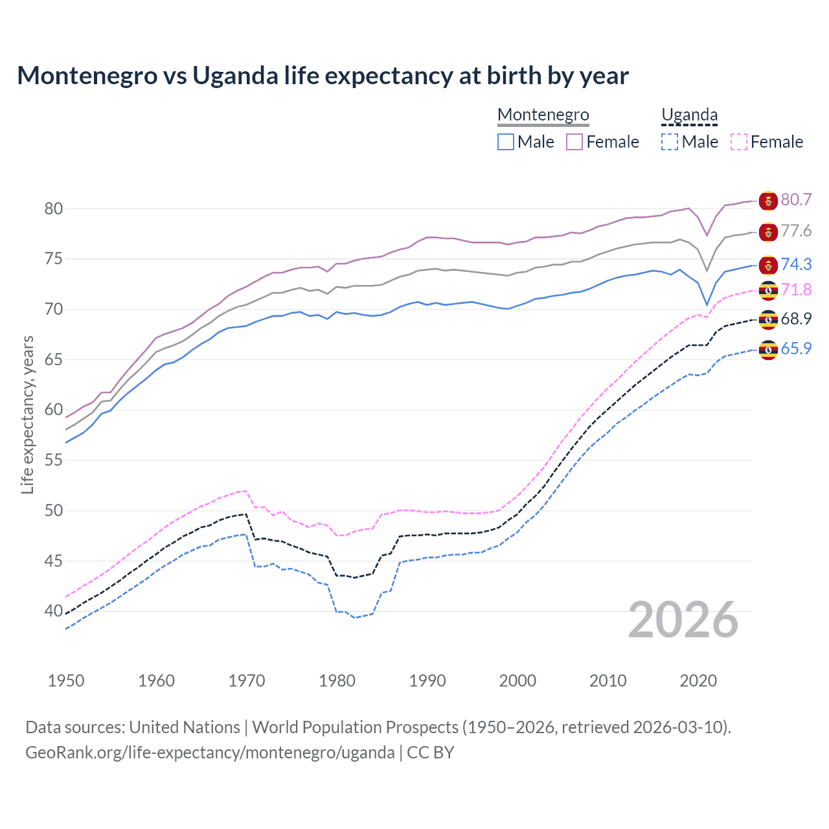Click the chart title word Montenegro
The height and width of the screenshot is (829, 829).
click(87, 76)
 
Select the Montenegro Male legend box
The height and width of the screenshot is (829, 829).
click(506, 142)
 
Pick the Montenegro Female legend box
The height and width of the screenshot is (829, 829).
click(574, 142)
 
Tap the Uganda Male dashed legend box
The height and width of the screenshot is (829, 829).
click(670, 142)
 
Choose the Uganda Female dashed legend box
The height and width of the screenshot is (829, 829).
click(739, 142)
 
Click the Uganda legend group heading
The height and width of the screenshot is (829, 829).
click(689, 115)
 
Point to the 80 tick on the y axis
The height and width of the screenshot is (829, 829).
click(53, 209)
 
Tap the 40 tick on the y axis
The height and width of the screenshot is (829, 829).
click(53, 611)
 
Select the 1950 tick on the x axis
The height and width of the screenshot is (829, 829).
click(66, 681)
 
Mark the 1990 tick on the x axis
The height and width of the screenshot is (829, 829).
click(427, 681)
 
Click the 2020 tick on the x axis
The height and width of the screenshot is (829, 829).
click(698, 681)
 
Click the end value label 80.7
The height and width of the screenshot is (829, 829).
click(796, 199)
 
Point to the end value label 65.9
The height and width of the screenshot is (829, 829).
click(796, 348)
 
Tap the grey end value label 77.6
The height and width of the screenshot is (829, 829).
click(796, 231)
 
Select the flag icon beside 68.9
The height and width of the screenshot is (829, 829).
click(768, 319)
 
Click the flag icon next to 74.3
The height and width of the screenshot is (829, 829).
click(768, 265)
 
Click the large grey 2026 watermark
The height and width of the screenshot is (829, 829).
click(683, 620)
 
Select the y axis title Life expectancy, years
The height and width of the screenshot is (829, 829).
click(27, 414)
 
